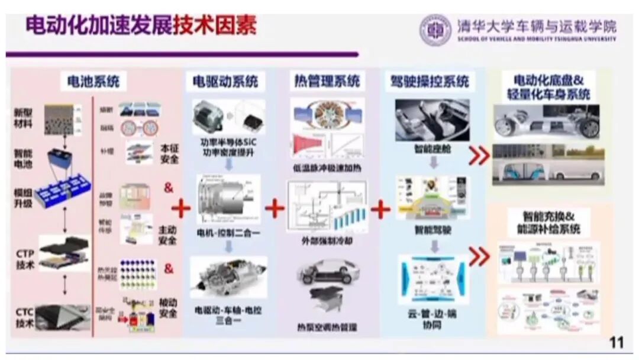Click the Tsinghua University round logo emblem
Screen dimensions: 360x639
pyautogui.click(x=435, y=30)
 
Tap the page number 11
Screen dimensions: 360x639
pyautogui.click(x=617, y=343)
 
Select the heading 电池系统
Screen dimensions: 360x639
pyautogui.click(x=93, y=81)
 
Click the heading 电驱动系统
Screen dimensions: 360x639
pyautogui.click(x=225, y=82)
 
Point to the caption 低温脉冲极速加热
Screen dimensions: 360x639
pyautogui.click(x=327, y=168)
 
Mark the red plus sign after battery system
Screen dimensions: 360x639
pyautogui.click(x=180, y=208)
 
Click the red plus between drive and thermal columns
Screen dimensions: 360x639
pyautogui.click(x=275, y=208)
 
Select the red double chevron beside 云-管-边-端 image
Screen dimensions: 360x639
pyautogui.click(x=479, y=256)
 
